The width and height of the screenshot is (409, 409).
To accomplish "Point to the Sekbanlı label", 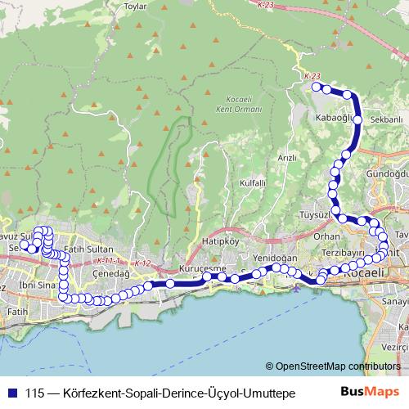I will coord(387,119).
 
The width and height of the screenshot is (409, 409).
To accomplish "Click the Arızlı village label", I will coord(286,157).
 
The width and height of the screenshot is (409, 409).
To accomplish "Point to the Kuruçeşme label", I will coord(201,268).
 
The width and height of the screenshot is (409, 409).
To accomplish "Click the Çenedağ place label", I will coord(107,273).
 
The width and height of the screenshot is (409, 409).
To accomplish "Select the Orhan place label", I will coord(326,236).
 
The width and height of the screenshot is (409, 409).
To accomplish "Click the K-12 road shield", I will coord(143,263).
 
